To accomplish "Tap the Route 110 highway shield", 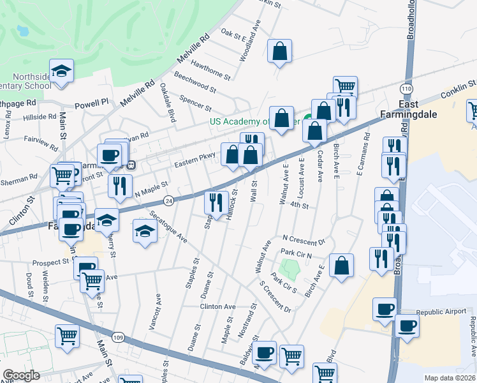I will [x=406, y=88].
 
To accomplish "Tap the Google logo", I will [x=21, y=375].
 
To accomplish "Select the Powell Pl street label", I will [x=92, y=103].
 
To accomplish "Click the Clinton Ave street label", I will [x=218, y=306].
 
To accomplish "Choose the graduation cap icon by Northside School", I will [x=62, y=70].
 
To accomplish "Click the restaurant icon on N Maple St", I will [x=119, y=185].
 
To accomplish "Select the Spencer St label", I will [x=195, y=101].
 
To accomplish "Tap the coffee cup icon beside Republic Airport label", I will [x=385, y=309].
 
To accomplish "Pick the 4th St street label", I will [x=298, y=206].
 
